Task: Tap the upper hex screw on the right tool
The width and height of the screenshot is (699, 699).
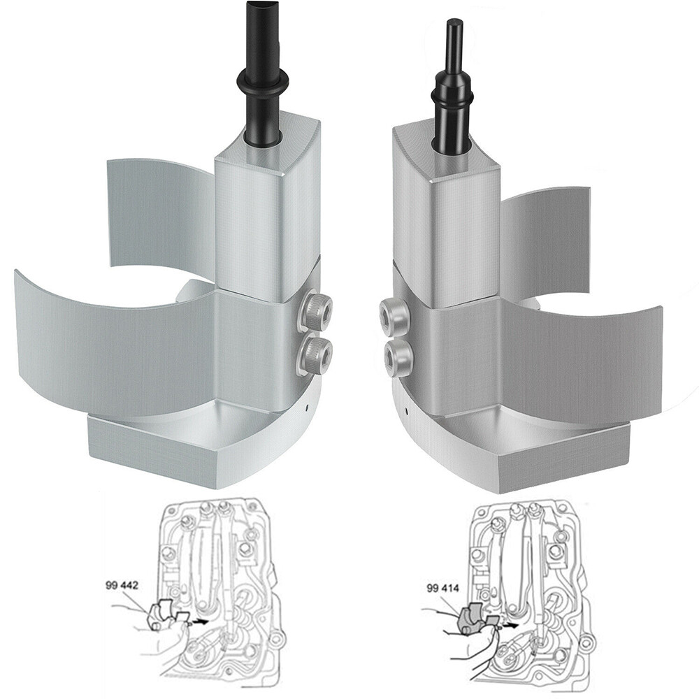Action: click(393, 315)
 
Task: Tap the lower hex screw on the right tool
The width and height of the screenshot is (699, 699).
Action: click(398, 356)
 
